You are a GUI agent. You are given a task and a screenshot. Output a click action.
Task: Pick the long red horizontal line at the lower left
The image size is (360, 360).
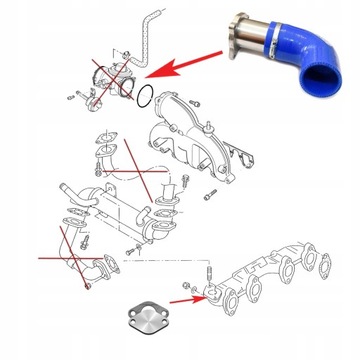pyautogui.click(x=50, y=257)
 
